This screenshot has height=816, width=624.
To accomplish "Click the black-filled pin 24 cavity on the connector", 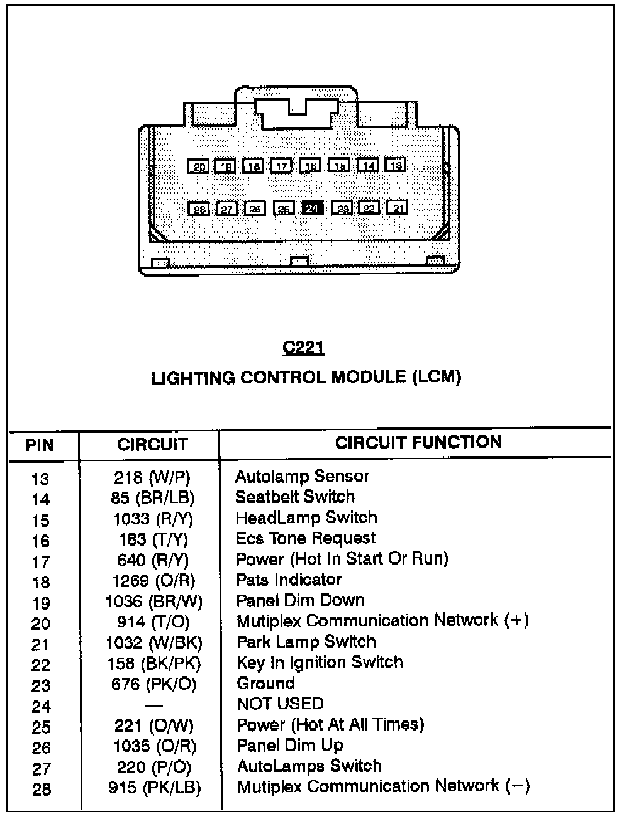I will click(313, 208).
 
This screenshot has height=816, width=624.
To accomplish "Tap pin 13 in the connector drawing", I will click(395, 165).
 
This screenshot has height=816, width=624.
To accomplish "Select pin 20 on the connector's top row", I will click(199, 167).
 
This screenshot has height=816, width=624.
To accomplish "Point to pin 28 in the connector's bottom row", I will click(199, 209).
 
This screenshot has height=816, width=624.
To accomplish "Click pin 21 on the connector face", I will click(398, 207).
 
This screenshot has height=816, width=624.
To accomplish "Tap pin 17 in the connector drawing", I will click(282, 166).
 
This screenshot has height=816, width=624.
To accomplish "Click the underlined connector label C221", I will click(304, 348).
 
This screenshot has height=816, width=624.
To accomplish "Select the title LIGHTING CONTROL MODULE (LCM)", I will click(306, 378).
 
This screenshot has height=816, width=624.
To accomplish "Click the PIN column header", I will click(40, 446).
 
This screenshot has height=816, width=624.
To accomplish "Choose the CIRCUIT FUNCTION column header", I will click(418, 442).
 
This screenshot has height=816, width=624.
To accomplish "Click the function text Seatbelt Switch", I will click(295, 497).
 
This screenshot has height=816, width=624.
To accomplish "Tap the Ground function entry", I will click(265, 683).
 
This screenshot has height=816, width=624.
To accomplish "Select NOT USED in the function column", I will click(280, 703).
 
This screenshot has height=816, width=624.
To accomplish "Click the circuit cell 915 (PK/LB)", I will click(154, 788).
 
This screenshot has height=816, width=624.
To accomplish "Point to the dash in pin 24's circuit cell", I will click(153, 705).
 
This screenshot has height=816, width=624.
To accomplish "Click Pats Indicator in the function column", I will click(289, 580).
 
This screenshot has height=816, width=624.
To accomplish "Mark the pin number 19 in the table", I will click(41, 604).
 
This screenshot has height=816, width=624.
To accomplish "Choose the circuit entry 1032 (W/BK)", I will click(153, 642).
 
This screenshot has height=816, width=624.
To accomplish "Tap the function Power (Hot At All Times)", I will click(330, 725).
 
